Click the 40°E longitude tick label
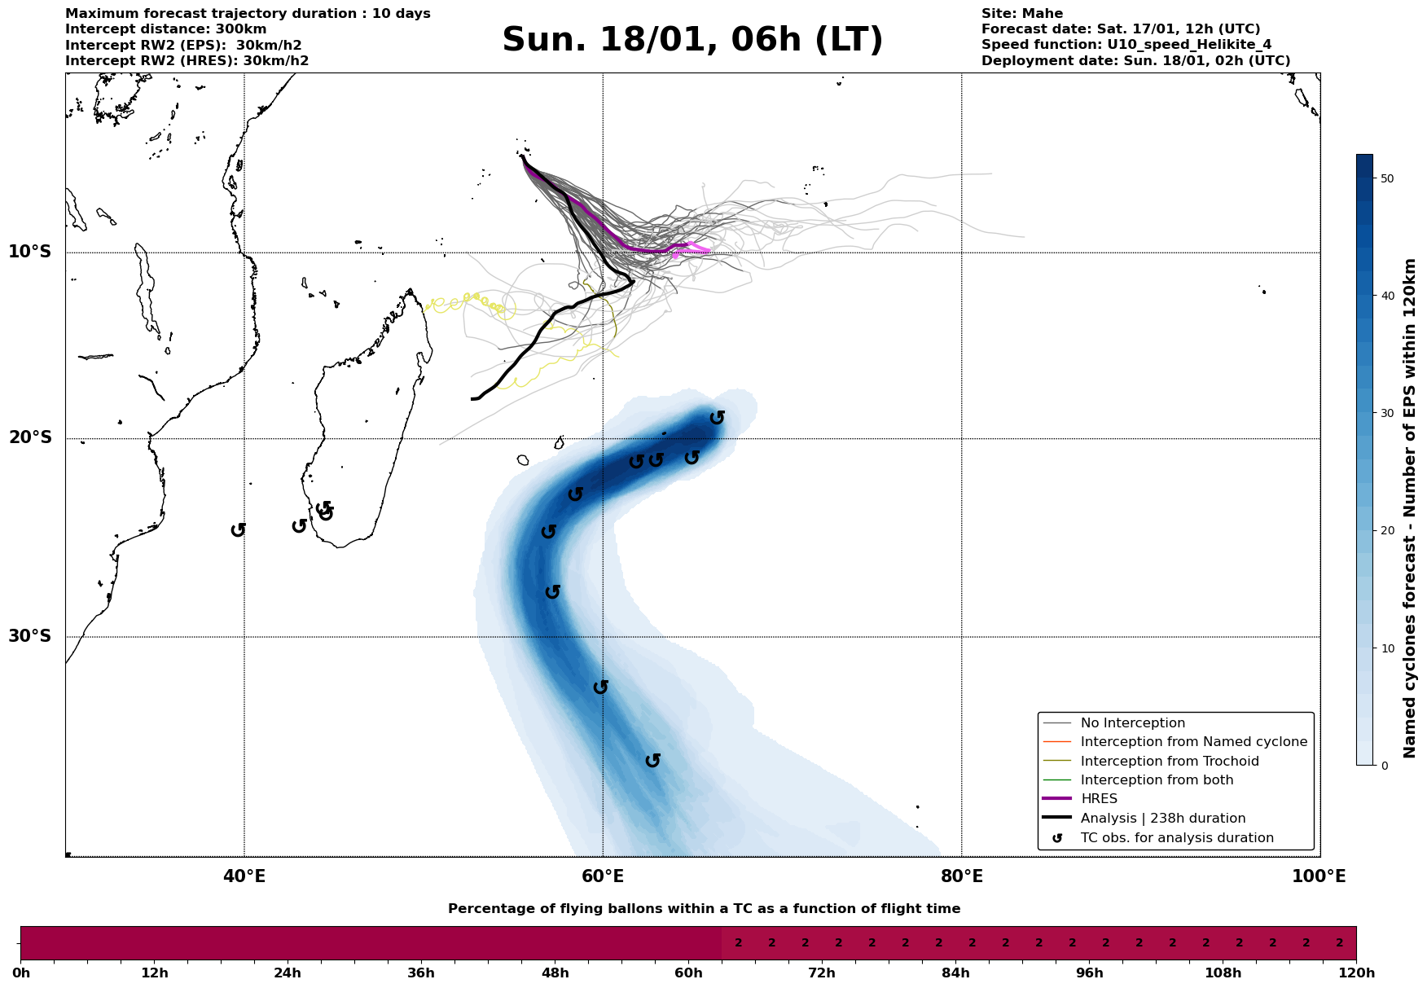244,876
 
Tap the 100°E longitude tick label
1319,876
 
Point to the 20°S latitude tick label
30,438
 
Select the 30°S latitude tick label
30,636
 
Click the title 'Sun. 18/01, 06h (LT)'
692,40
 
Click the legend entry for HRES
1099,799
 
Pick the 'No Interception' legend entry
1132,723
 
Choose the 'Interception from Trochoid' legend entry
1169,762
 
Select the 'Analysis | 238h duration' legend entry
1162,819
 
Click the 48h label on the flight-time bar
555,973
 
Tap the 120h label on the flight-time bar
1355,973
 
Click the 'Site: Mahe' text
1021,14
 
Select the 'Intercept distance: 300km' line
165,29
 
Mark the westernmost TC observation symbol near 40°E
238,530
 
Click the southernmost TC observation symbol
652,761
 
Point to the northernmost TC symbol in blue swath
717,418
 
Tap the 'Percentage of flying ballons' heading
704,909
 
